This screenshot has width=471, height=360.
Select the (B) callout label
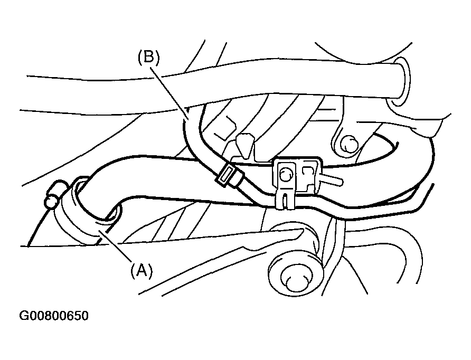point(149,57)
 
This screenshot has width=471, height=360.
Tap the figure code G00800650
point(54,316)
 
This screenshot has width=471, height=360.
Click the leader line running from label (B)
point(169,92)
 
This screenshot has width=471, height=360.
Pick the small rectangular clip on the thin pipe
point(227,176)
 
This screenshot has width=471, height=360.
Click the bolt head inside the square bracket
point(286,174)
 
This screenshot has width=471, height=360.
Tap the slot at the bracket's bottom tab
point(286,200)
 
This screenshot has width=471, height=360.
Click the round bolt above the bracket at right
point(348,145)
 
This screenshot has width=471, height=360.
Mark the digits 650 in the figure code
point(78,316)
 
